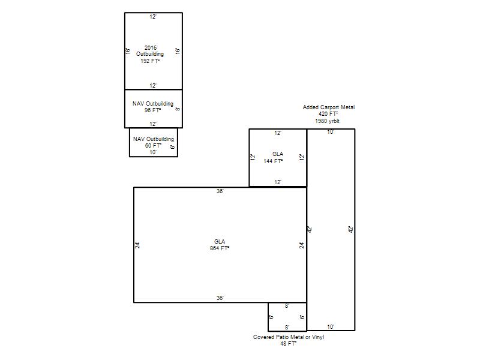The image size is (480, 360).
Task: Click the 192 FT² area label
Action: coord(150,61)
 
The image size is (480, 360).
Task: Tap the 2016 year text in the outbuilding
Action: coord(151,48)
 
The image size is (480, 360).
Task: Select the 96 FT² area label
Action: coord(153,110)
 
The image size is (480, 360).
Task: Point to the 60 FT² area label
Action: coord(154,146)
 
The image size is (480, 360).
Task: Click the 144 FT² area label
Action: coord(273,161)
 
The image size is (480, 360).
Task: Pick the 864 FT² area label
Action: coord(220,248)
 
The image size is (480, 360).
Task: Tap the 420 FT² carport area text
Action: coord(328,114)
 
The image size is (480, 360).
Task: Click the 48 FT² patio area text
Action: coord(289,344)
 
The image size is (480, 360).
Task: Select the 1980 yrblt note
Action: coord(327,121)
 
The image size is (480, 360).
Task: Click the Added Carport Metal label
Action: coord(329,107)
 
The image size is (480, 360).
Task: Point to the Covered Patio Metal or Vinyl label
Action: coord(289,337)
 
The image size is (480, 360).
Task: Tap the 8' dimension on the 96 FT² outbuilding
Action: coord(178,109)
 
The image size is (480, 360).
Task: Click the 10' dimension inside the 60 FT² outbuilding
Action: coord(153,152)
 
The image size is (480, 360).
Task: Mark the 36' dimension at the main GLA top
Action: coord(220,191)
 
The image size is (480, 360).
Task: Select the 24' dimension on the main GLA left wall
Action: coord(138,245)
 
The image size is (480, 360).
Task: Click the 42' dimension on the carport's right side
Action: coord(351,229)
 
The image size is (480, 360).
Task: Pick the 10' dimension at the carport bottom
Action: coord(331,327)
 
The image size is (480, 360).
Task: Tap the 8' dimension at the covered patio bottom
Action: coord(287,328)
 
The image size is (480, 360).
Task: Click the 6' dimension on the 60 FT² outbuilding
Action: coord(173,147)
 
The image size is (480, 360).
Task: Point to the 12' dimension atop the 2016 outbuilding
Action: coord(153,17)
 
